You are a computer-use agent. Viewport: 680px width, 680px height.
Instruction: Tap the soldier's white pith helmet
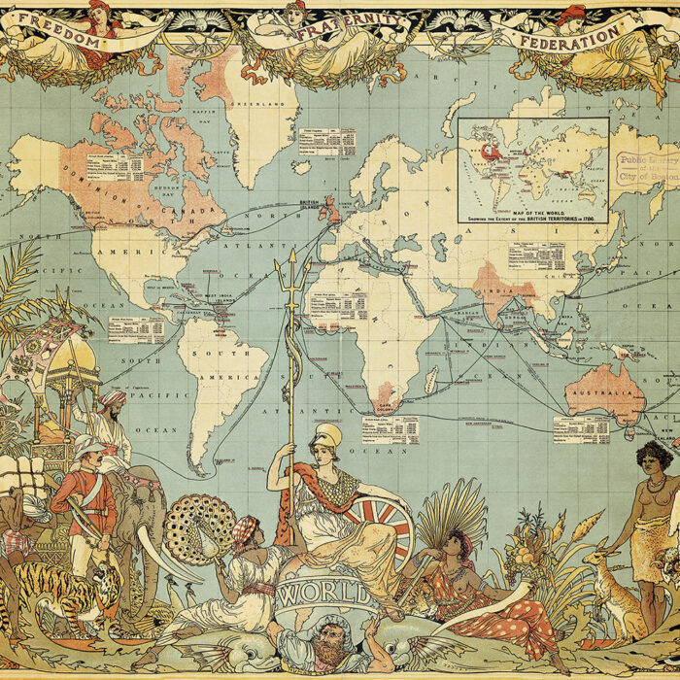(x=89, y=446)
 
